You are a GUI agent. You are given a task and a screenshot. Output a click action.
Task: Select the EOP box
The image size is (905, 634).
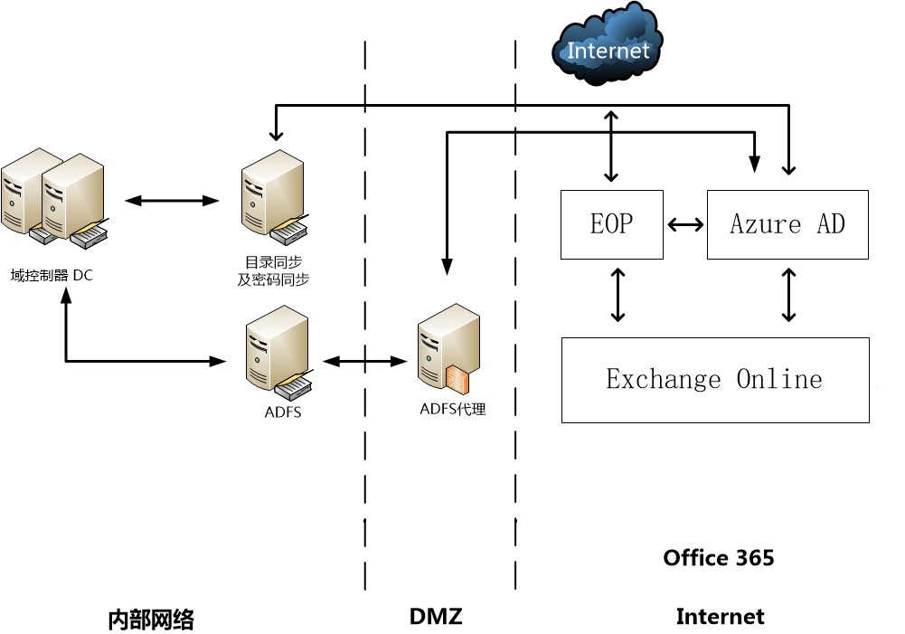tap(611, 223)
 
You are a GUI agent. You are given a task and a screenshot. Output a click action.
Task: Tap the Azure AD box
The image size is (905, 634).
tap(787, 223)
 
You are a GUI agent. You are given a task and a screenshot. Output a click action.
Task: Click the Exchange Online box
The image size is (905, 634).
tap(714, 379)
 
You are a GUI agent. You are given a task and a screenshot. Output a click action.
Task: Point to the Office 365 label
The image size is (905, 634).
tap(718, 557)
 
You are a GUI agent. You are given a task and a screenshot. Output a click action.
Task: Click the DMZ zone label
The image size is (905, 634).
tap(436, 617)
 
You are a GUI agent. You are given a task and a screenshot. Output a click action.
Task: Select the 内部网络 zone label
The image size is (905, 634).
tap(151, 620)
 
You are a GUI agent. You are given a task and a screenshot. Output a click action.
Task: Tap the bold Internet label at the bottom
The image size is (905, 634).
tap(720, 617)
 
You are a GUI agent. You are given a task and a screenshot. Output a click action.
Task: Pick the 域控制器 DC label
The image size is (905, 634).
tap(52, 275)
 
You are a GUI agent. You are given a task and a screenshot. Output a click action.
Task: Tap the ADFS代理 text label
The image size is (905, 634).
tap(452, 410)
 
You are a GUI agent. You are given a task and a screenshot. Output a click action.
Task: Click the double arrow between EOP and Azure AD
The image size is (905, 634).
tap(684, 224)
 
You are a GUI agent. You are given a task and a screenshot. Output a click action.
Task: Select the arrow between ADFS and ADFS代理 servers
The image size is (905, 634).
tap(364, 362)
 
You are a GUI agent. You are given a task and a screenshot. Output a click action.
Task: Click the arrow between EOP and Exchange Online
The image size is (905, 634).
tap(617, 294)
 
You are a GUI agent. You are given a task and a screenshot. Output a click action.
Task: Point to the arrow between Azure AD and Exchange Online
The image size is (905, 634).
tap(788, 294)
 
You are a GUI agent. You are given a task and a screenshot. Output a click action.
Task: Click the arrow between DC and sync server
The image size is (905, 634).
tap(174, 200)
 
